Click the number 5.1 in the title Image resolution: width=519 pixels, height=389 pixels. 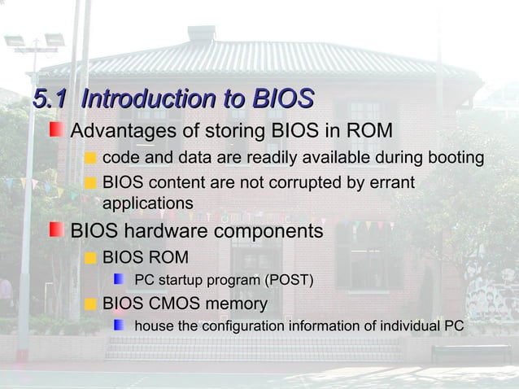click(x=50, y=100)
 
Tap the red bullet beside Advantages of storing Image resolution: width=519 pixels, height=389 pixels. click(x=55, y=130)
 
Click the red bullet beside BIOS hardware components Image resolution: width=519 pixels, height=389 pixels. click(x=55, y=230)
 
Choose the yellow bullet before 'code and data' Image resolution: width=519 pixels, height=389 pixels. click(x=90, y=158)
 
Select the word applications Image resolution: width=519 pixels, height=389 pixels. click(x=147, y=203)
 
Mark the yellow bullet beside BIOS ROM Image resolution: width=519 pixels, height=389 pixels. click(x=90, y=259)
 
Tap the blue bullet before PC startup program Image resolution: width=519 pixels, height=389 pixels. click(x=120, y=281)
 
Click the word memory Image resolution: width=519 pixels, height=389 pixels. click(x=238, y=304)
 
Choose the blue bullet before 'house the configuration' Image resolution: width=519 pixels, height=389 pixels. click(x=120, y=326)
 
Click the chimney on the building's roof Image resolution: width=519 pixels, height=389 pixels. click(x=201, y=33)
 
